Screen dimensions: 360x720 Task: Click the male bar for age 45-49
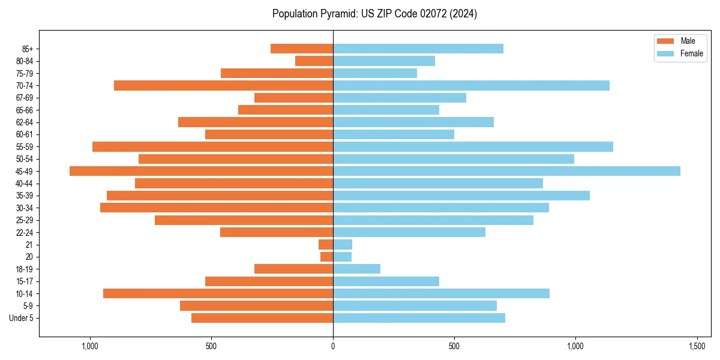coord(201,171)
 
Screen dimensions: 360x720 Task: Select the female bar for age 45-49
coord(506,171)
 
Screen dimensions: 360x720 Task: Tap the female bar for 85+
coord(418,49)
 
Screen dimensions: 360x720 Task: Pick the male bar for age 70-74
coord(223,85)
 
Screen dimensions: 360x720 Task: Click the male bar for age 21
coord(326,244)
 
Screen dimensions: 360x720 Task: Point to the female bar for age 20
coord(342,257)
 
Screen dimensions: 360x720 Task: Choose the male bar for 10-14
coord(218,293)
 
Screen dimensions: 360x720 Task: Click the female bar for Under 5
coord(419,318)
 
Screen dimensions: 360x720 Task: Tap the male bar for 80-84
coord(314,61)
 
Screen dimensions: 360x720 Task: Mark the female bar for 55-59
coord(473,146)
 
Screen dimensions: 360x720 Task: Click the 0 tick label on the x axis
coord(333,347)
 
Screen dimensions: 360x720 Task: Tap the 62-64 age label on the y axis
coord(25,122)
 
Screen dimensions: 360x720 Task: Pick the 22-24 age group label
coord(25,232)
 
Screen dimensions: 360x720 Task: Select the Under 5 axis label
coord(21,318)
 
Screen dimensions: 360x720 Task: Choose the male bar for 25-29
coord(244,220)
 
